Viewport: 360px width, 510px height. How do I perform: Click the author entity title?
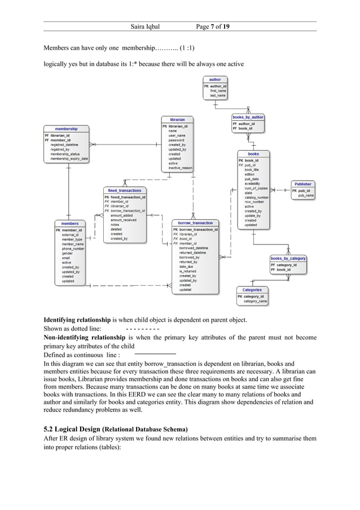[214, 80]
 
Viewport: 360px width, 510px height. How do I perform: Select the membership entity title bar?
[67, 129]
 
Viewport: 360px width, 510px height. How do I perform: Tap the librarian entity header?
[177, 120]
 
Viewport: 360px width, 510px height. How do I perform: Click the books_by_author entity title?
[248, 117]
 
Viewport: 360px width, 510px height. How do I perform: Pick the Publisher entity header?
[302, 184]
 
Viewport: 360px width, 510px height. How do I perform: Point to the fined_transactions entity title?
[125, 190]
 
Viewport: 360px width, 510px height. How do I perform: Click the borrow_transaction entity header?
[195, 223]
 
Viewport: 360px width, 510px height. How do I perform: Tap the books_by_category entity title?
[288, 258]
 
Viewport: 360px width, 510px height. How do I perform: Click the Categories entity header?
[252, 290]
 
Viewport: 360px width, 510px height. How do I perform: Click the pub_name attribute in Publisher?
[306, 195]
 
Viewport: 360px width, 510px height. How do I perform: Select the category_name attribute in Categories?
[255, 302]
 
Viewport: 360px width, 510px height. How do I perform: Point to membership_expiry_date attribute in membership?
[69, 159]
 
